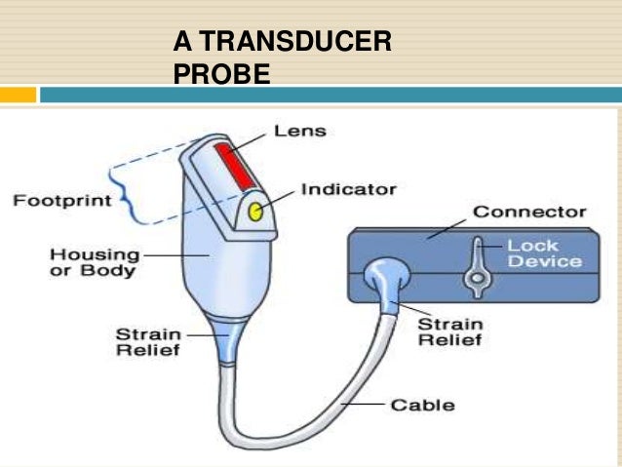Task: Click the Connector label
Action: [x=529, y=212]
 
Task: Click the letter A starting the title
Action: [x=181, y=43]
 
